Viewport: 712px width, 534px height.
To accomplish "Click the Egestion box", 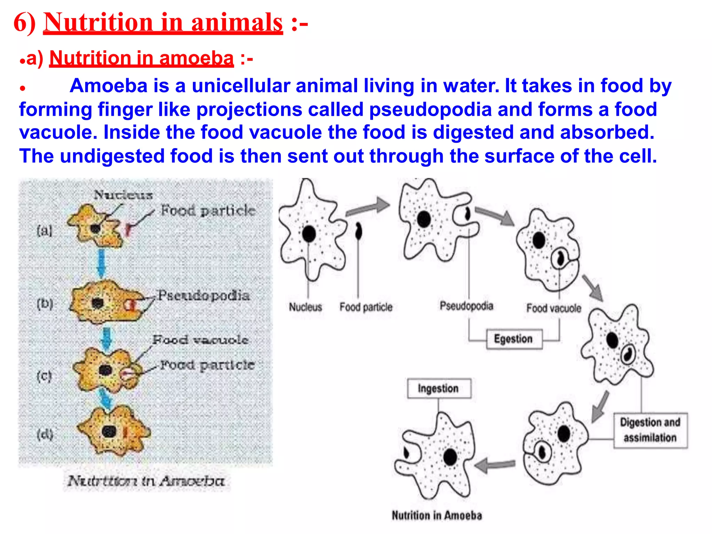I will [513, 339].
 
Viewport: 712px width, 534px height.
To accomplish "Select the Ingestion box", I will [439, 388].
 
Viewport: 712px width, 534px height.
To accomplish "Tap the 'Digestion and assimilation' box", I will [650, 430].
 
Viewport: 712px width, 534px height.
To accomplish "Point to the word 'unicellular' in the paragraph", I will [241, 86].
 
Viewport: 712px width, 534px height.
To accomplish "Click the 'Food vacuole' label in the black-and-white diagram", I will [553, 308].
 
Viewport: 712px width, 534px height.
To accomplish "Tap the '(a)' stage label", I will [44, 230].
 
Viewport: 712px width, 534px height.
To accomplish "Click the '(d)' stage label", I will [45, 434].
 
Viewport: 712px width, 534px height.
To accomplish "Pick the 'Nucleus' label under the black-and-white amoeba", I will [305, 307].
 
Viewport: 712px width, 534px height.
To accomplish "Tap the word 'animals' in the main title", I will [237, 23].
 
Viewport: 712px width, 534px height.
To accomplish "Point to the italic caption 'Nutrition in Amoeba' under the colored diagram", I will [146, 481].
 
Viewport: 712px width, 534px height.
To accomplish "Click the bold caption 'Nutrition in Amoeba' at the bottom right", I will [437, 515].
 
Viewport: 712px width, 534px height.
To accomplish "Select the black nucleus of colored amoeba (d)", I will [109, 431].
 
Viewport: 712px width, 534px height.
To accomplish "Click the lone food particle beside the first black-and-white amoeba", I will [358, 232].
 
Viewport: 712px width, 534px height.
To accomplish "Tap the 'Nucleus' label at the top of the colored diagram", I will [123, 195].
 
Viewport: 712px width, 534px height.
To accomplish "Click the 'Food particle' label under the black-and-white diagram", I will [366, 307].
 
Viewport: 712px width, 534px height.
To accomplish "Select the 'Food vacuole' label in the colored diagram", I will [200, 340].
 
